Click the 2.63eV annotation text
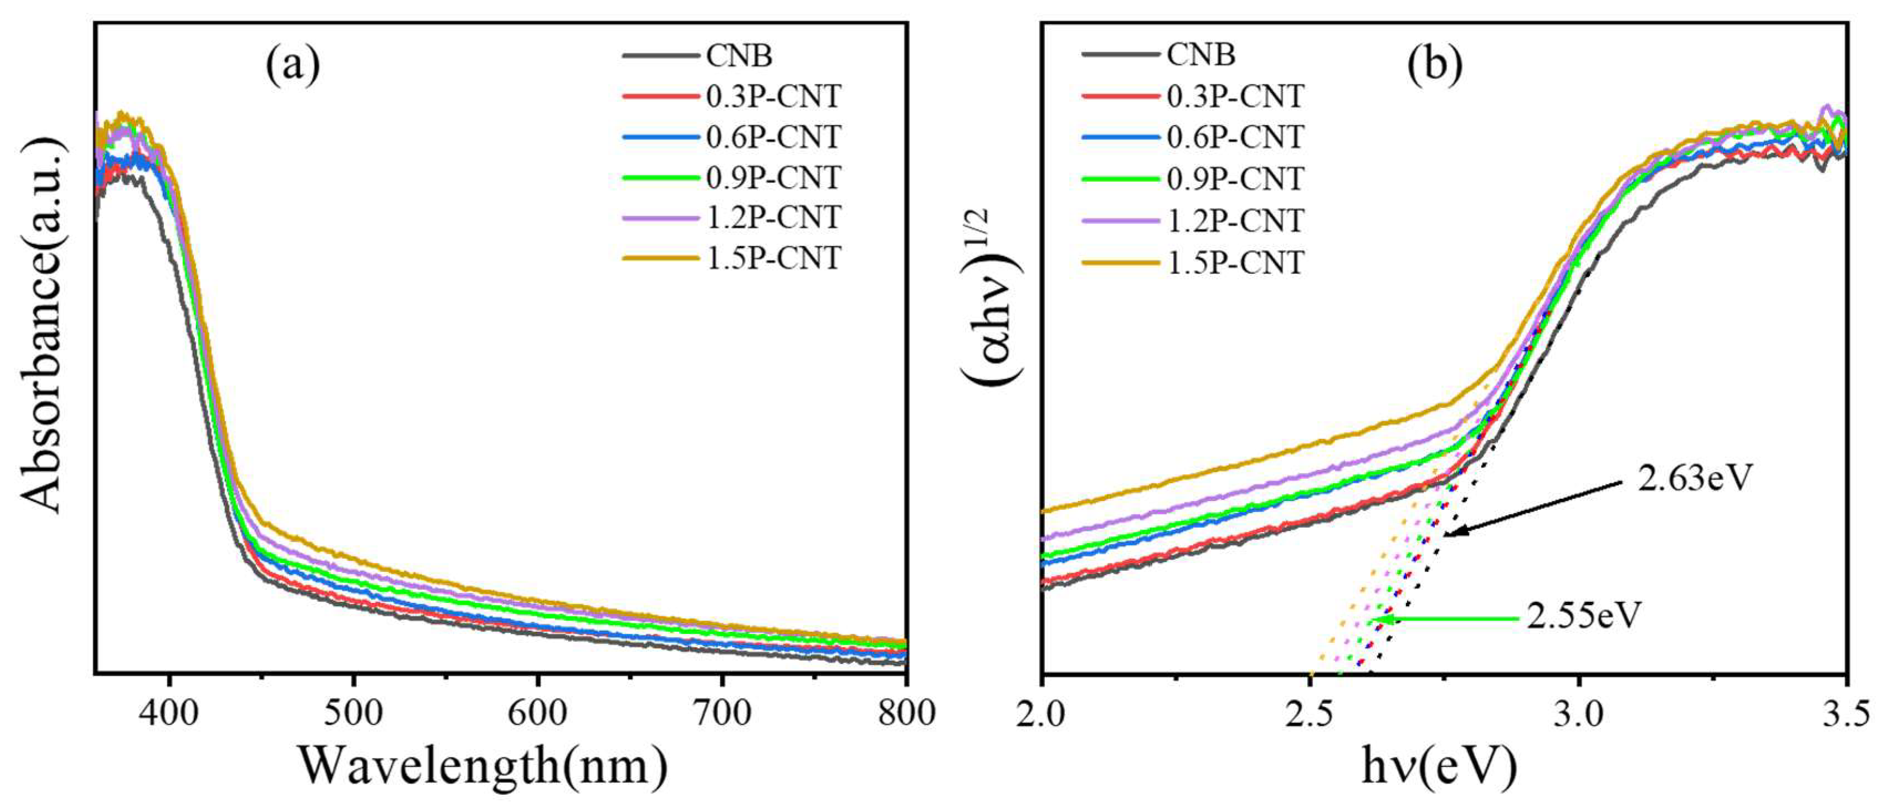coord(1695,478)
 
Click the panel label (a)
coord(293,65)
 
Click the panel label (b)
coord(1434,65)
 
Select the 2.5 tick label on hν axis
coord(1310,714)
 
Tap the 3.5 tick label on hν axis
coord(1844,714)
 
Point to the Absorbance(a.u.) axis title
coord(43,323)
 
